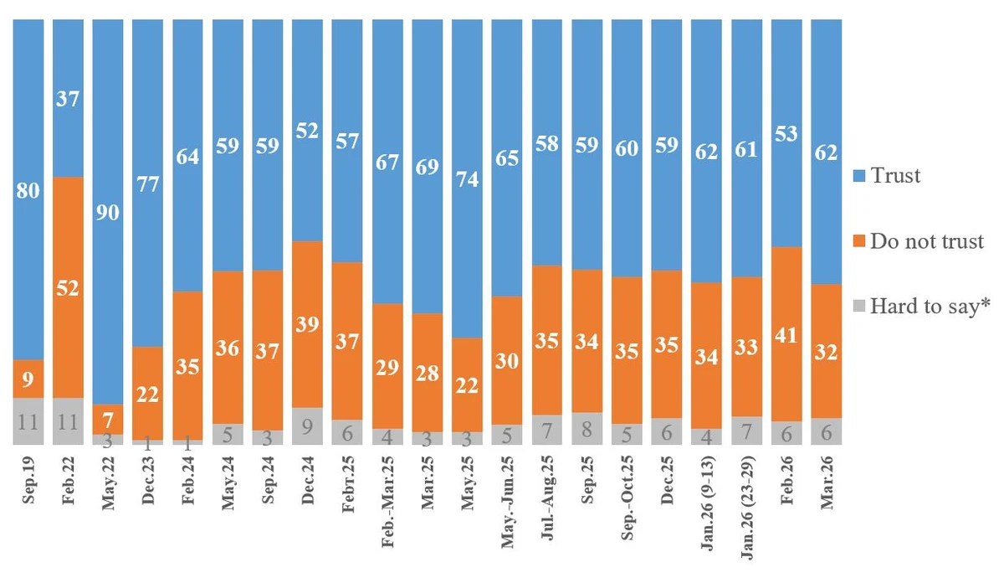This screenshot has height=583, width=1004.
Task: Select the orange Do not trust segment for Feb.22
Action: (68, 287)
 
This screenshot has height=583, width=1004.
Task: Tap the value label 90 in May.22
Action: (108, 212)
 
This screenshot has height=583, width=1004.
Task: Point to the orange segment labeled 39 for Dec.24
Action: (308, 324)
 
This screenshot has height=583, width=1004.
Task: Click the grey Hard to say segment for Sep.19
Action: (28, 420)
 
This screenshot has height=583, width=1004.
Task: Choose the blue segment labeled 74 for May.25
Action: (468, 178)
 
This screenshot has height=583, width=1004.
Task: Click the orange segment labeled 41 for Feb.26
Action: (787, 333)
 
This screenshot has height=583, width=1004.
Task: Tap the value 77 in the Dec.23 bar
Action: (148, 184)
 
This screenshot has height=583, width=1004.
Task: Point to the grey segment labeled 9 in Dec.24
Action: (308, 426)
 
